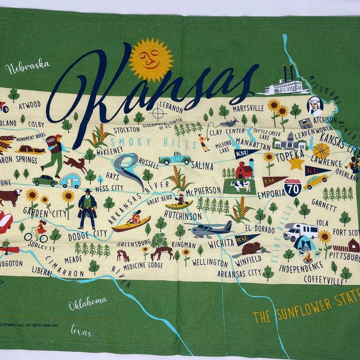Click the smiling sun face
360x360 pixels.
(x=151, y=59)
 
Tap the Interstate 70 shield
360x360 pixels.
(x=292, y=187)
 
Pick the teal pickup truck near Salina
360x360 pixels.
(x=175, y=158)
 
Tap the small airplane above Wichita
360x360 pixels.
(x=210, y=229)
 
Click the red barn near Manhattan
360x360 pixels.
(x=244, y=169)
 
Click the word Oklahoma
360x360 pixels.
(x=87, y=301)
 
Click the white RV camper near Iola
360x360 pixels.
(x=300, y=231)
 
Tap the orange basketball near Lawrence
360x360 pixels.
(x=321, y=150)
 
